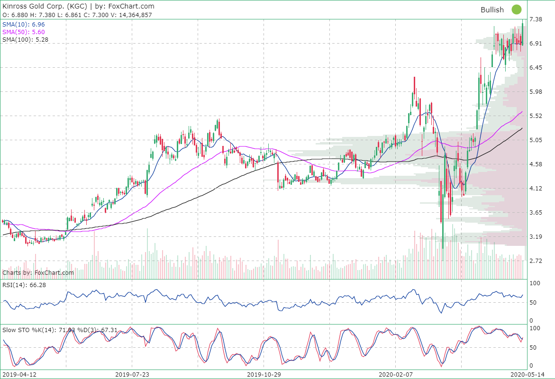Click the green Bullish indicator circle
click(x=516, y=9)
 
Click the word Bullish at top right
click(x=492, y=9)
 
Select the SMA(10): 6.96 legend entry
click(x=24, y=24)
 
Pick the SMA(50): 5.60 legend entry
click(x=24, y=32)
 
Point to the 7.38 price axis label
click(x=536, y=19)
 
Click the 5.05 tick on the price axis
click(x=536, y=140)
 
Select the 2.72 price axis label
click(x=536, y=261)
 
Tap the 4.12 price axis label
click(x=536, y=188)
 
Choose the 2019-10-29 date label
click(x=264, y=374)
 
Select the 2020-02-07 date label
click(x=395, y=374)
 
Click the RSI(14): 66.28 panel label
click(x=24, y=285)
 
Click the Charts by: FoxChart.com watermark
click(x=38, y=273)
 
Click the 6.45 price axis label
click(x=536, y=68)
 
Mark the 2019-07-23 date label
click(x=132, y=374)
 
